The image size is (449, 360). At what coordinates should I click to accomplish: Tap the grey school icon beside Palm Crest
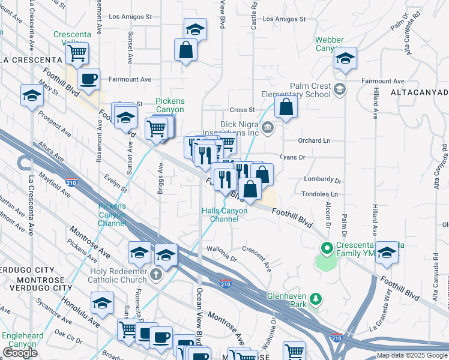(340, 90)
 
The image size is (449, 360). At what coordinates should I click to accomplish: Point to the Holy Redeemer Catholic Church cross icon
(156, 275)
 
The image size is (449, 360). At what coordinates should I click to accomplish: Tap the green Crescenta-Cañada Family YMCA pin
(327, 247)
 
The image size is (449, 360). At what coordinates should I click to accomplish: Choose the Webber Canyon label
(329, 44)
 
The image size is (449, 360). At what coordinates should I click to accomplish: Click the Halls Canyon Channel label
(224, 214)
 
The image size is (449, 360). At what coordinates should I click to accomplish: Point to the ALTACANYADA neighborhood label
(419, 93)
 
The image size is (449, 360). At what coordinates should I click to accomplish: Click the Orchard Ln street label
(315, 140)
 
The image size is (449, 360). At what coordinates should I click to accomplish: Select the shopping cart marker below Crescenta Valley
(77, 53)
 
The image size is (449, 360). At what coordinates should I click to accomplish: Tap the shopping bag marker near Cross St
(287, 107)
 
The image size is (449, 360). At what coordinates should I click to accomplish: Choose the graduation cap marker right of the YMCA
(387, 252)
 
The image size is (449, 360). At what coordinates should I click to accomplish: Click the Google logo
(20, 353)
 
